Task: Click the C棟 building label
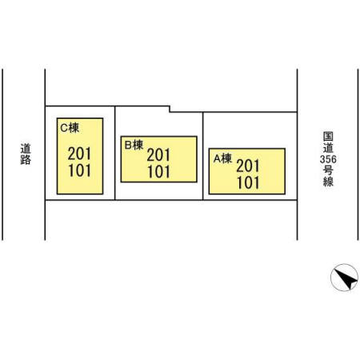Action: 70,128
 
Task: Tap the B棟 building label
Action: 134,145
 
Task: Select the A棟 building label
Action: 222,158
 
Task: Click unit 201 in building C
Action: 79,154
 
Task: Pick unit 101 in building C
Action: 79,170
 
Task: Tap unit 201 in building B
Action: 158,155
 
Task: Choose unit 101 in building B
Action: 158,172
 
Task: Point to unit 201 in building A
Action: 248,166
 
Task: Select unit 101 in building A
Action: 248,183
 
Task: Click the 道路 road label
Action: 26,154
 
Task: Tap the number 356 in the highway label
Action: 328,159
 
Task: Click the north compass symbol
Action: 344,278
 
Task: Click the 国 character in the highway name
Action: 328,137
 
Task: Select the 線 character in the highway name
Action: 328,182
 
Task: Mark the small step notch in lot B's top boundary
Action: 170,110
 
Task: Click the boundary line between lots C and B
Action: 115,153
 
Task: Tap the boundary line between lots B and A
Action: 203,156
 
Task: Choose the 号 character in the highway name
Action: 328,170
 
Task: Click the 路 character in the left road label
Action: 26,159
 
